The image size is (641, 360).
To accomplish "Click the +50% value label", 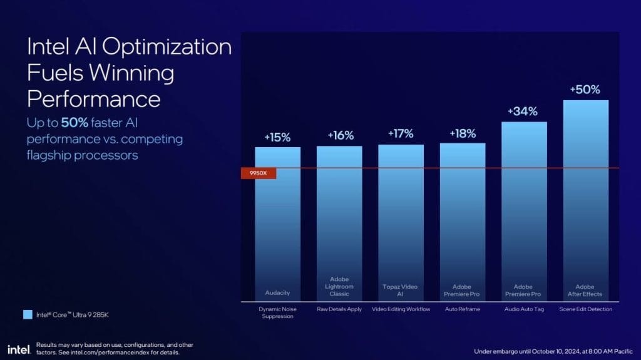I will [x=585, y=90].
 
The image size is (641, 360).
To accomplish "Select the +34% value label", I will [x=523, y=111].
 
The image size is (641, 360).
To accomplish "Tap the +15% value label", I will [x=277, y=137].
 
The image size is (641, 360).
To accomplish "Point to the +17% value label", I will [x=401, y=134].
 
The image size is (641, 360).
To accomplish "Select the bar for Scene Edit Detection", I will [x=585, y=200].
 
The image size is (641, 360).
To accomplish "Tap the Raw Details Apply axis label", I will [x=339, y=309].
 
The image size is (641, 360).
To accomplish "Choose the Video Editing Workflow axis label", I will [x=401, y=309].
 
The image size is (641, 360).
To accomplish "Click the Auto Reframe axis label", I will [x=463, y=309].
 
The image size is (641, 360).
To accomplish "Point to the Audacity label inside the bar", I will [x=277, y=292].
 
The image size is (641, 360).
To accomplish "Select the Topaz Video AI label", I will [x=401, y=289].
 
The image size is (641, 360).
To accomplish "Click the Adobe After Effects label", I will [x=585, y=289].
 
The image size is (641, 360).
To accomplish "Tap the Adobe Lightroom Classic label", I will [x=339, y=286].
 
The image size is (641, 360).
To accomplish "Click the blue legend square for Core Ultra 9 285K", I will [x=26, y=314].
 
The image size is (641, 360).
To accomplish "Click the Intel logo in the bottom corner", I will [x=17, y=348].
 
